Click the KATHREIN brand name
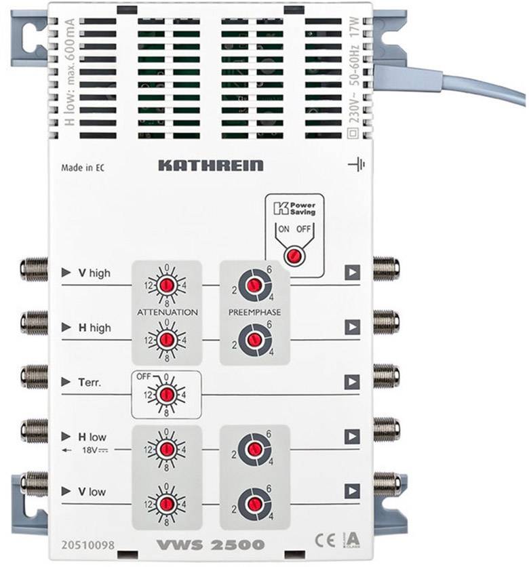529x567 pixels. pos(210,165)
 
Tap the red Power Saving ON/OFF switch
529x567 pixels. pos(293,256)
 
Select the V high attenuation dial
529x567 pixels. pos(165,285)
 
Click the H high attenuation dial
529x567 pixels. pos(165,339)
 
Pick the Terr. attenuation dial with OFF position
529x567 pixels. pos(165,393)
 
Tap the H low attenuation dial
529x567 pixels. pos(165,448)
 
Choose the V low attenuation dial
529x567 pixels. pos(165,503)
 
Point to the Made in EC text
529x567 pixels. pos(83,167)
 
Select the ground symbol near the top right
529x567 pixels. pos(356,164)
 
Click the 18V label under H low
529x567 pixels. pos(96,448)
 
